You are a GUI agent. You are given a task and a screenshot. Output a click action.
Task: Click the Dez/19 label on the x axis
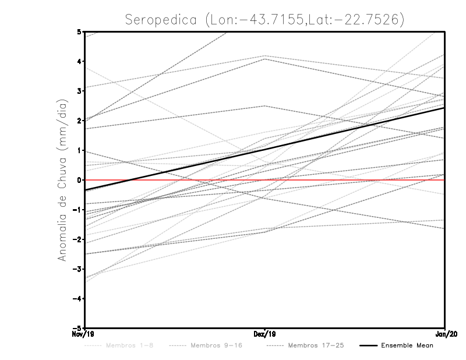[x=265, y=335]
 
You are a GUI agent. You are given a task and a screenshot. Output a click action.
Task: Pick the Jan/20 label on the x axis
[x=445, y=335]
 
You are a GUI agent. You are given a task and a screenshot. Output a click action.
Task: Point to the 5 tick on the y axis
[x=79, y=31]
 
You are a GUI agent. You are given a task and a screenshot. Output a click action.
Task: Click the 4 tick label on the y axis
[x=79, y=61]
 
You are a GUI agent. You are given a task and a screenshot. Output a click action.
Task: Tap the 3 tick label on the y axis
[x=79, y=91]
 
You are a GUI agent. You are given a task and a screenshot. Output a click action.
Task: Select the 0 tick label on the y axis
[x=79, y=180]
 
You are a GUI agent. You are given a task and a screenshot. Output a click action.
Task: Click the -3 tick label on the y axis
[x=77, y=269]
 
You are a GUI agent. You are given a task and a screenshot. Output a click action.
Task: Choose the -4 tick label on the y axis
[x=77, y=299]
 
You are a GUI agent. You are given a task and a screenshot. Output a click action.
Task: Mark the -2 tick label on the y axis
[x=77, y=239]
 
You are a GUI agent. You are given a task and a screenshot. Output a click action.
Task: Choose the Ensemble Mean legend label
[x=407, y=345]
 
